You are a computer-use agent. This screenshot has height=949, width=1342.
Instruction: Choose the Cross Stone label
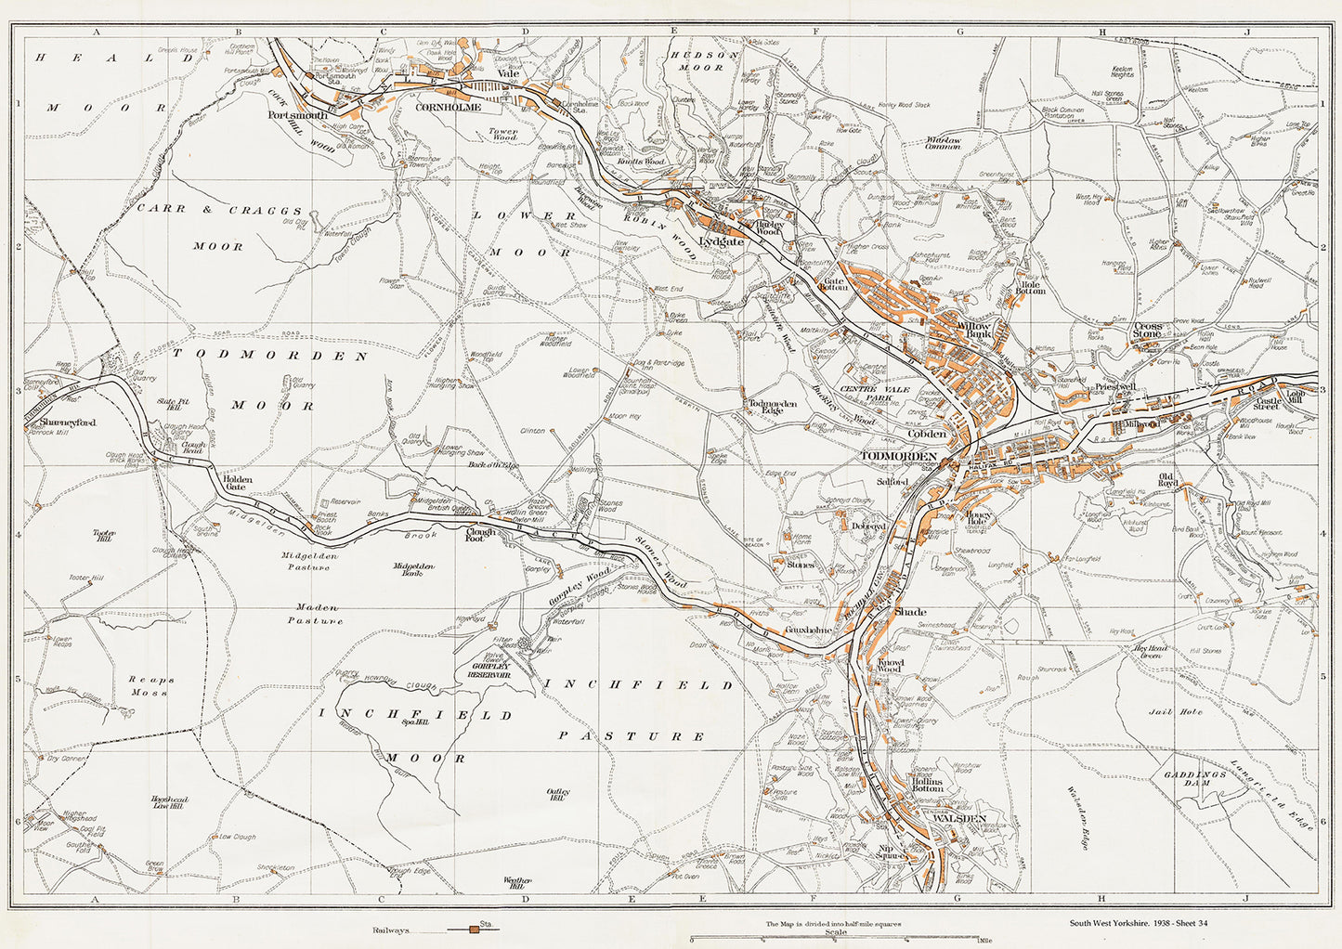point(1147,331)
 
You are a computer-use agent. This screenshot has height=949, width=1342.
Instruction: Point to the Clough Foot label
point(481,533)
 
